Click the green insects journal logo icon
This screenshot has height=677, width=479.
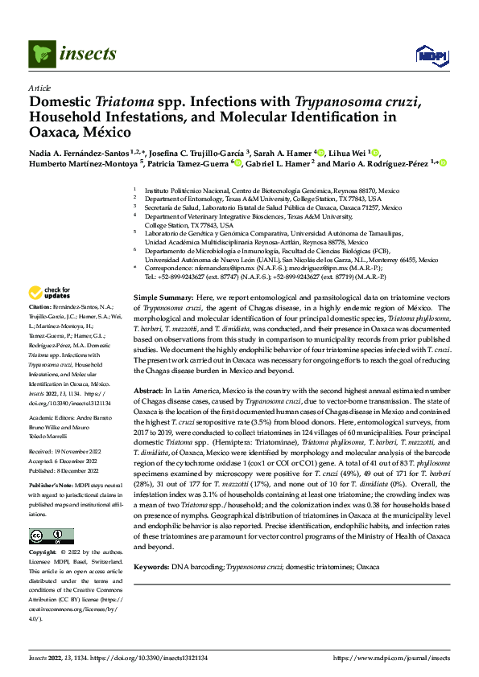coord(41,53)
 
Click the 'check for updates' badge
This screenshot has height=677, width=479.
coord(50,293)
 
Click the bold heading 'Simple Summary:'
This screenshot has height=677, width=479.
coord(161,297)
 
